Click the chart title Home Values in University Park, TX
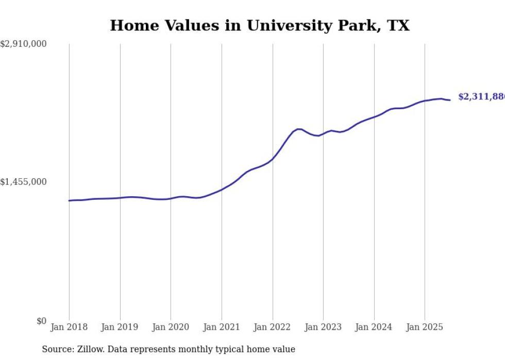pyautogui.click(x=260, y=25)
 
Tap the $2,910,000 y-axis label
pyautogui.click(x=24, y=44)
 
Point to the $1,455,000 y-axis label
pyautogui.click(x=24, y=182)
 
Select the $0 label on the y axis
pyautogui.click(x=41, y=321)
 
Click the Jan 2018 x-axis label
pyautogui.click(x=69, y=327)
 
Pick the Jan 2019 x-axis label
pyautogui.click(x=120, y=327)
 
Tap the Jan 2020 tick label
pyautogui.click(x=171, y=327)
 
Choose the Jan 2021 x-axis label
pyautogui.click(x=222, y=327)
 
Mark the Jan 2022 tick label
pyautogui.click(x=272, y=327)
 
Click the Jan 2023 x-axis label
pyautogui.click(x=323, y=327)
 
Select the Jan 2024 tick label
pyautogui.click(x=374, y=327)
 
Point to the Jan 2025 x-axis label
pyautogui.click(x=425, y=327)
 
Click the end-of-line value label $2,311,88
pyautogui.click(x=481, y=97)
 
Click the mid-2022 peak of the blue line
pyautogui.click(x=299, y=129)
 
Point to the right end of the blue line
pyautogui.click(x=450, y=100)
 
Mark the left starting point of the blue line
pyautogui.click(x=69, y=200)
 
